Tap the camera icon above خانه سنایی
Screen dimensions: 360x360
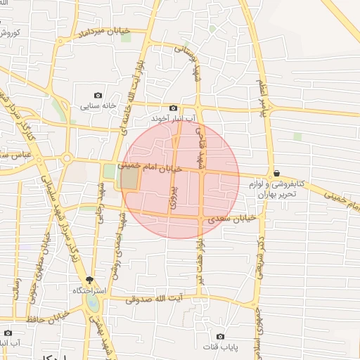(98, 95)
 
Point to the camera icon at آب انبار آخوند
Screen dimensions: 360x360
(173, 108)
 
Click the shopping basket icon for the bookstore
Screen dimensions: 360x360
(276, 173)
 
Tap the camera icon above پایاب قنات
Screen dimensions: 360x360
(221, 336)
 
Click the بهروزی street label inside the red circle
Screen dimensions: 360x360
(173, 197)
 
